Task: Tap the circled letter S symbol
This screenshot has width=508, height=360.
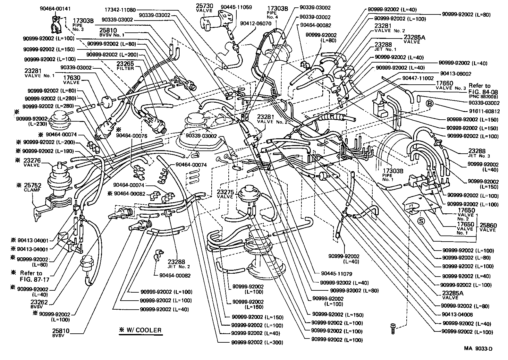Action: click(421, 221)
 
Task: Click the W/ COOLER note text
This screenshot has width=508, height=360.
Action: click(140, 330)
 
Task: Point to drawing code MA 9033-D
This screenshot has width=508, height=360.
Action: click(478, 349)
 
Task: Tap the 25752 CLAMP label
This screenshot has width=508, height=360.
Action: click(32, 187)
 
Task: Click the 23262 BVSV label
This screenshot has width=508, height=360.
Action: click(39, 304)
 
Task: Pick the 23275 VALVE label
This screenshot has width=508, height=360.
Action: click(225, 194)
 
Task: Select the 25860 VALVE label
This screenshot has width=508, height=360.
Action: click(488, 227)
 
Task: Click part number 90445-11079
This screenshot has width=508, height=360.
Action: click(336, 274)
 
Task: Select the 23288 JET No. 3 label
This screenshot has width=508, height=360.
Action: click(477, 153)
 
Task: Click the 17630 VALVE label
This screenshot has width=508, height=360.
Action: click(72, 80)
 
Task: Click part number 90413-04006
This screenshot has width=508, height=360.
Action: click(457, 314)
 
